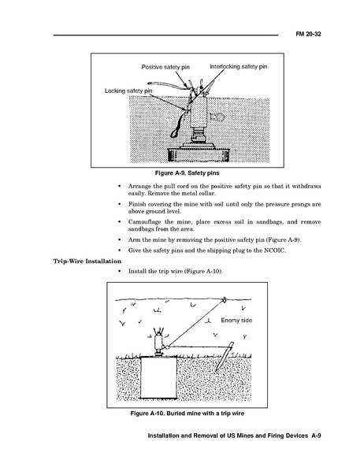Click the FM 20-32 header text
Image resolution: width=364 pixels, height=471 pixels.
(x=308, y=34)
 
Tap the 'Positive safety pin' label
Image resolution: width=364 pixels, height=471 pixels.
(x=165, y=67)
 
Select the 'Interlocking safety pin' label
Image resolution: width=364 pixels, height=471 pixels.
(x=239, y=66)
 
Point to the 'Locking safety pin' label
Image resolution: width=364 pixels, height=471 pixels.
(x=128, y=91)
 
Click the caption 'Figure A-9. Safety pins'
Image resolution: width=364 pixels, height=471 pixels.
(x=187, y=173)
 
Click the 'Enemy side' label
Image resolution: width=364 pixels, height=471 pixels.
(x=236, y=321)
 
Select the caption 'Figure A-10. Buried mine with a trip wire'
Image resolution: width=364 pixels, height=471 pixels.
(x=187, y=414)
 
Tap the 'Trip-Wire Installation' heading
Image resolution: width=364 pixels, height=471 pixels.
(x=87, y=261)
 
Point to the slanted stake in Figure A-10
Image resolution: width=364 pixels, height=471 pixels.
(x=225, y=357)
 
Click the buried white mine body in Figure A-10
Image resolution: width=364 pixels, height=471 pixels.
(x=158, y=377)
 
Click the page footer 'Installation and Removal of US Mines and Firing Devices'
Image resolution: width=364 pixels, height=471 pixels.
(x=228, y=436)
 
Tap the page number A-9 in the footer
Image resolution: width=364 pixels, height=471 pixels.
(x=316, y=436)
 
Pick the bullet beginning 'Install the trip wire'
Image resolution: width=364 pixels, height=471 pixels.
(x=176, y=271)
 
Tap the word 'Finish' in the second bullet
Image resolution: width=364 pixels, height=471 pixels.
(x=136, y=204)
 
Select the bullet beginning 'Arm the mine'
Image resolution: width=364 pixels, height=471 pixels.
(x=214, y=240)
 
